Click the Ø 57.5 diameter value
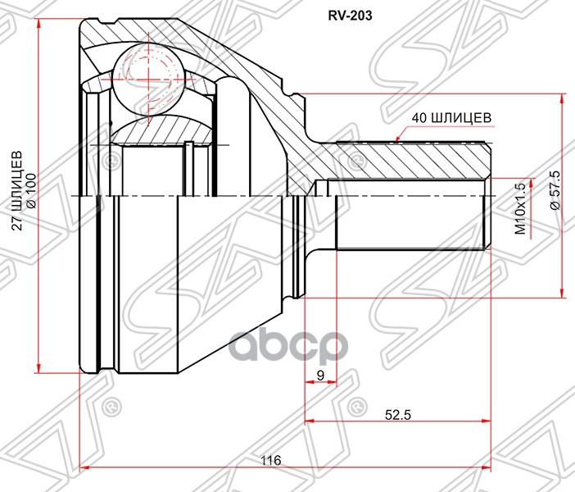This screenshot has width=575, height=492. click(x=555, y=194)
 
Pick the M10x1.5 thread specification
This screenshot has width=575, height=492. click(x=518, y=210)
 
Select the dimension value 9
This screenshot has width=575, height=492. click(x=319, y=375)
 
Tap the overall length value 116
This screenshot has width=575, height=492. click(x=271, y=461)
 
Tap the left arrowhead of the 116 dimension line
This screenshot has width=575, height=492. click(x=84, y=469)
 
